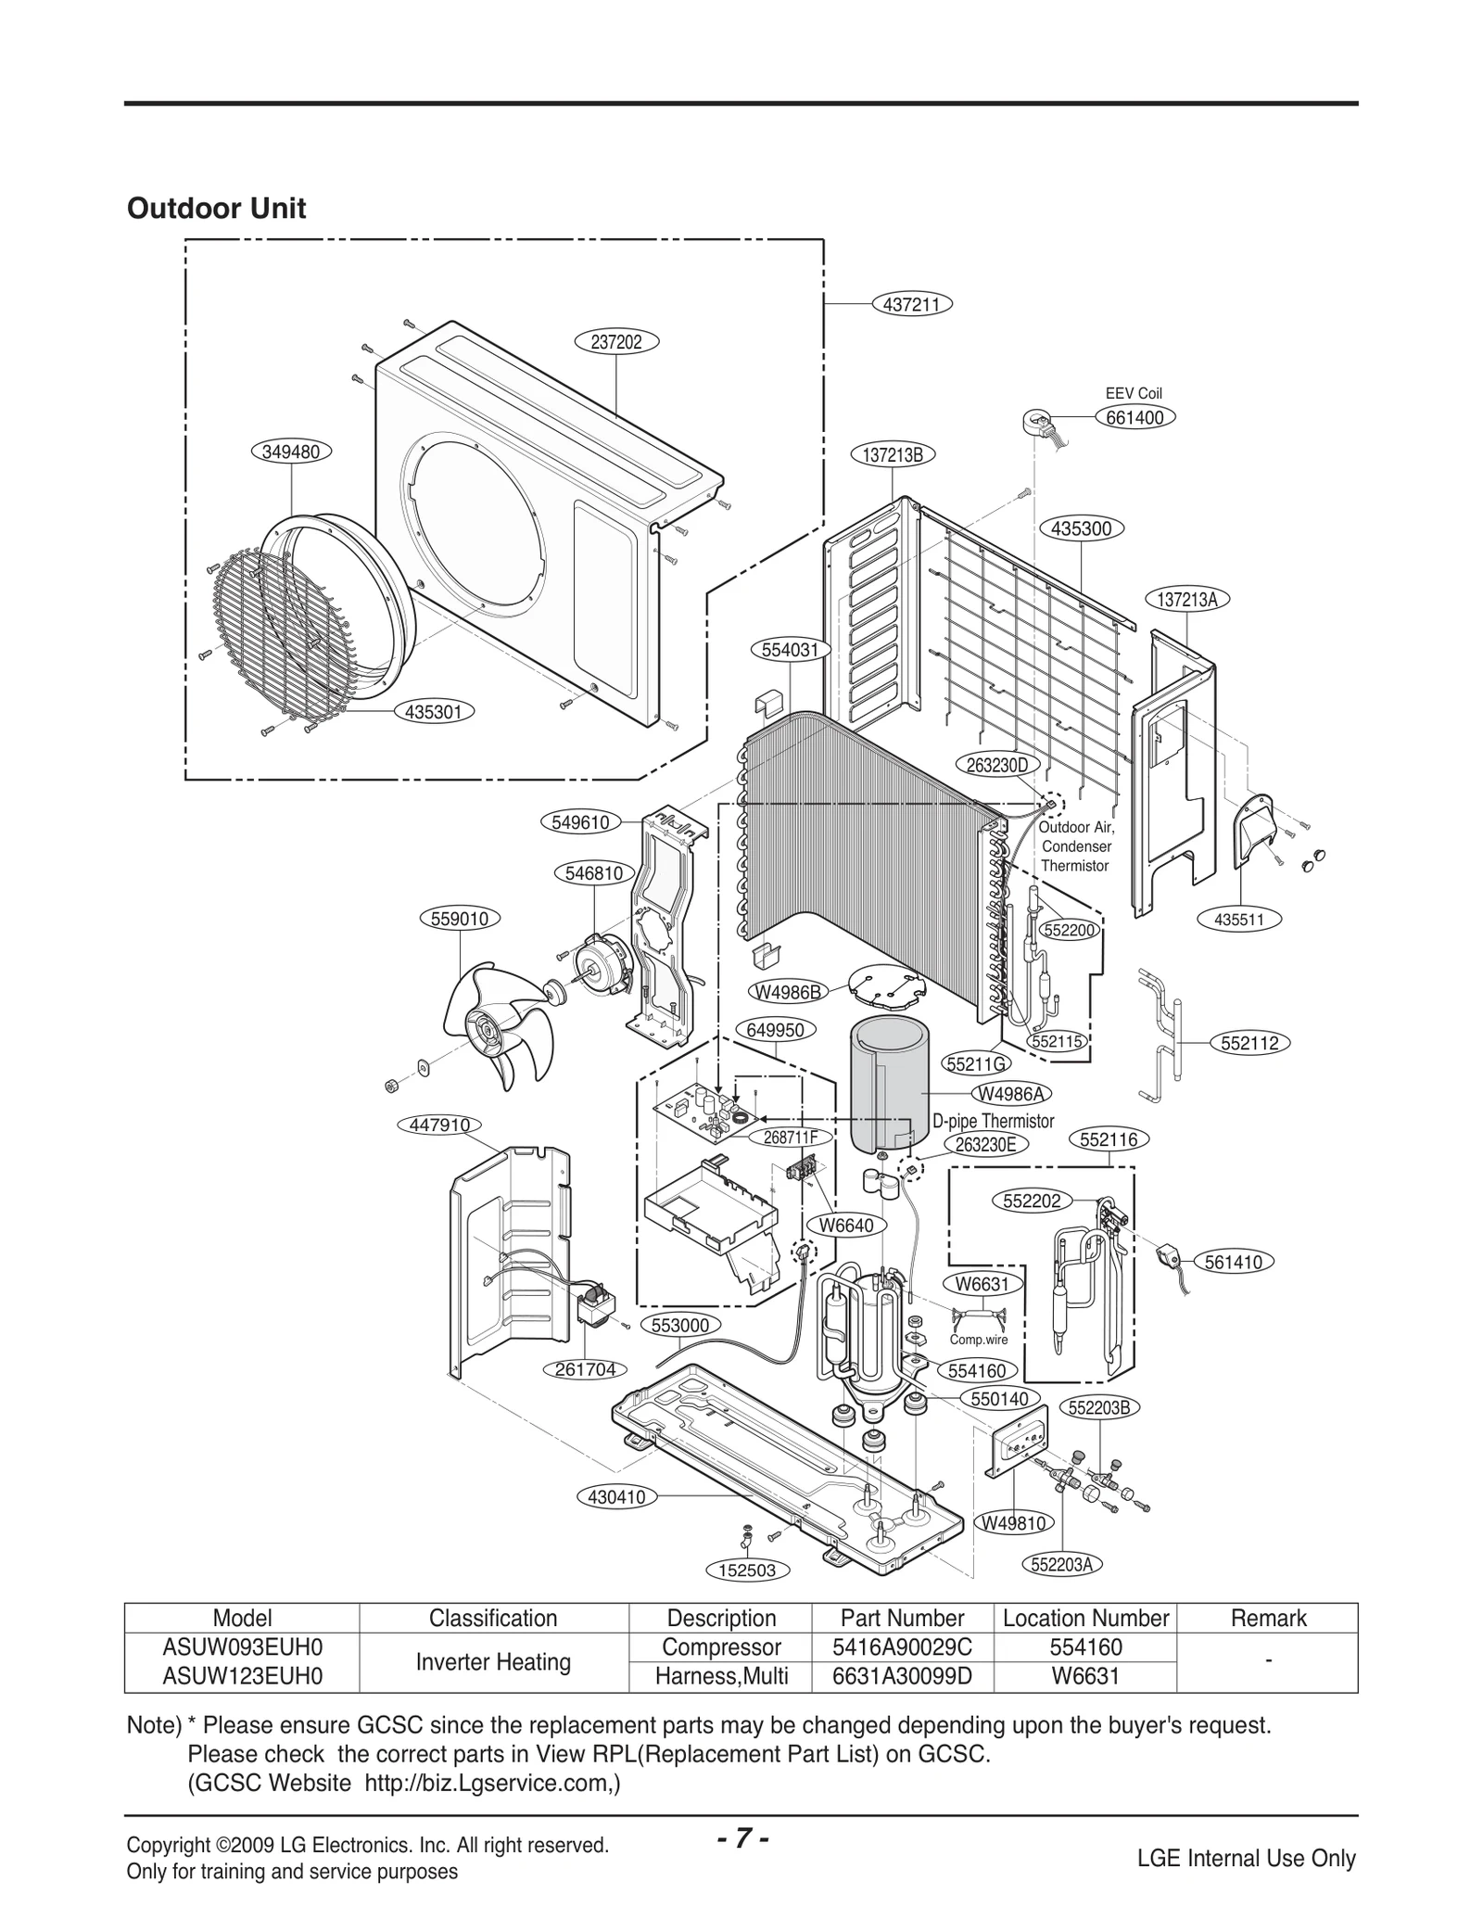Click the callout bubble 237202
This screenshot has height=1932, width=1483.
(616, 342)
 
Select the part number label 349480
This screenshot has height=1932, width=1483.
(291, 451)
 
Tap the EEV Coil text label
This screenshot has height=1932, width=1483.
(1134, 393)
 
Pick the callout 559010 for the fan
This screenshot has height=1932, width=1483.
(460, 919)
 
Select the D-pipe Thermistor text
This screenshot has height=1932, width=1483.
(993, 1121)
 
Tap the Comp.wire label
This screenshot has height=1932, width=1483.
(979, 1340)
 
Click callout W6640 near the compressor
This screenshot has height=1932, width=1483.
(846, 1225)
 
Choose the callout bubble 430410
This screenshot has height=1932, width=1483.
(616, 1496)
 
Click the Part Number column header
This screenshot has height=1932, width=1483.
(902, 1619)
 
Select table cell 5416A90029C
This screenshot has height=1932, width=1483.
(902, 1647)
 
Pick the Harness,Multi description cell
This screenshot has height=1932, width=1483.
(721, 1676)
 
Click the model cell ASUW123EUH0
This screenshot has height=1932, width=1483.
(242, 1676)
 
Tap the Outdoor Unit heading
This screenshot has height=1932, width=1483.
(216, 209)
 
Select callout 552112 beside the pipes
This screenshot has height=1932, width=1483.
(1249, 1043)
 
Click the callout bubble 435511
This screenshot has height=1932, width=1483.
(1238, 921)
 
